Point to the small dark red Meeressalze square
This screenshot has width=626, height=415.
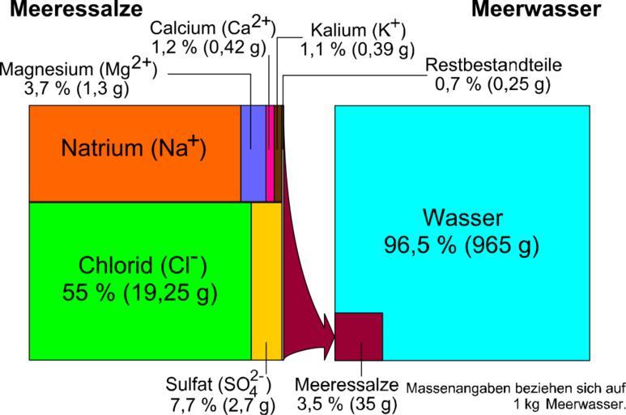tap(358, 336)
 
